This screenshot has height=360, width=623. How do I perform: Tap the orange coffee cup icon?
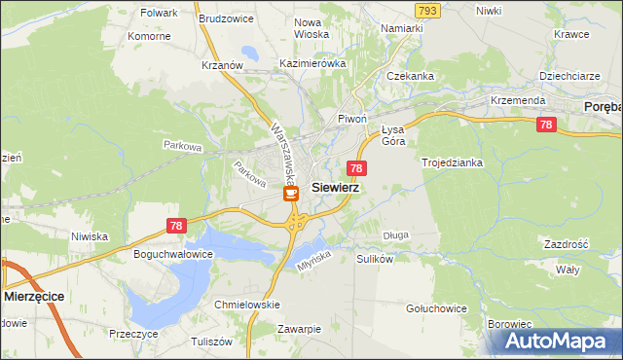(291, 194)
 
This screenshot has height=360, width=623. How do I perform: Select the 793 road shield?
(426, 10)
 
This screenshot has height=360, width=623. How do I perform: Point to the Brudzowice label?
(226, 18)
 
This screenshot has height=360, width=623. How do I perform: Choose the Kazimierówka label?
(312, 63)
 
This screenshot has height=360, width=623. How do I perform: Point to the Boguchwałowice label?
(172, 255)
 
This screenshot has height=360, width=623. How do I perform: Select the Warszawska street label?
(283, 154)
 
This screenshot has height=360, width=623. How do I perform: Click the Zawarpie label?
(298, 329)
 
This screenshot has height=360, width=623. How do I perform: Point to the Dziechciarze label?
(568, 76)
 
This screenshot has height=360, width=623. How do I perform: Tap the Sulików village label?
(374, 260)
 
